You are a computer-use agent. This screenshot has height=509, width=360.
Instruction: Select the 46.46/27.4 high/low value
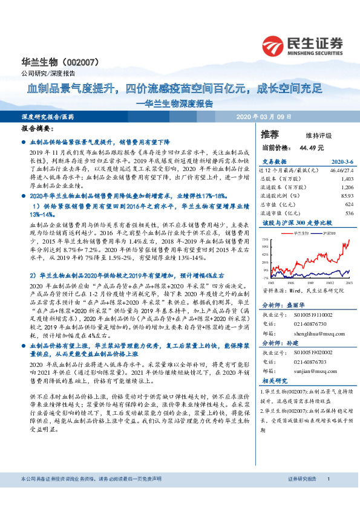tap(339, 171)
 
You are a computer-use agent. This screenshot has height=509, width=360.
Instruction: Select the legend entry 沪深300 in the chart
tap(328, 233)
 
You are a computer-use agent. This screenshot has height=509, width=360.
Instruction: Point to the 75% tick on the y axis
tap(264, 239)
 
